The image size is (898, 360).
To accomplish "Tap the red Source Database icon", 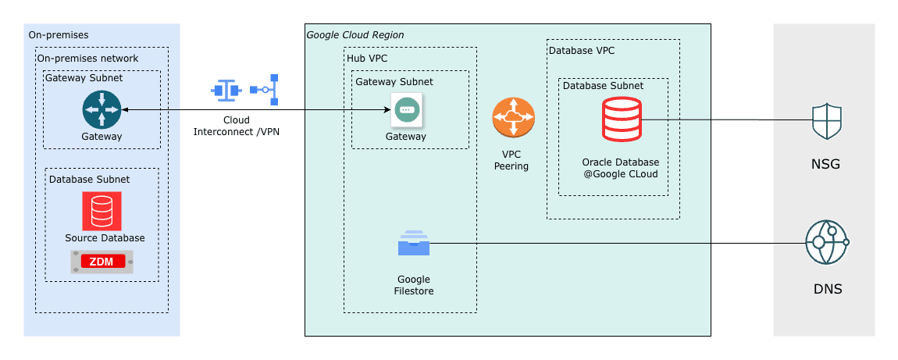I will pos(102,211).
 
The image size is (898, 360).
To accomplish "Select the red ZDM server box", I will pos(102,262).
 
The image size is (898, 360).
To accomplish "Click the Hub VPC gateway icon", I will pos(406,110).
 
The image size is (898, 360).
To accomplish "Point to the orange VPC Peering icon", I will pos(513,118).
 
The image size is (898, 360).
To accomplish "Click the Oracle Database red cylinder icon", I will pos(622,119).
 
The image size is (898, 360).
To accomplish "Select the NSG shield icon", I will pos(827,121).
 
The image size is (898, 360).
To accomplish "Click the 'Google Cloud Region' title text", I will pos(355,35).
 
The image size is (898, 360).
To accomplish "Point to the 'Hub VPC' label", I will pos(367,59).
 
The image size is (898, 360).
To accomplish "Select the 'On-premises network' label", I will pos(87,59).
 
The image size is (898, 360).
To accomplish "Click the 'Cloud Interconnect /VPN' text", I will pos(236,126).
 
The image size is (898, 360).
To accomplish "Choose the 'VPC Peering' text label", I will pos(511,160).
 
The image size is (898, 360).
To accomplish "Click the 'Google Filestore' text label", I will pos(413,285).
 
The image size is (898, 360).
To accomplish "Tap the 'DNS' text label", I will pos(827,289).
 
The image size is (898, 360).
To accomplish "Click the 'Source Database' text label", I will pos(105,237).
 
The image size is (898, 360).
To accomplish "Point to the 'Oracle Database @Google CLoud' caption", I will pos(620,168).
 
